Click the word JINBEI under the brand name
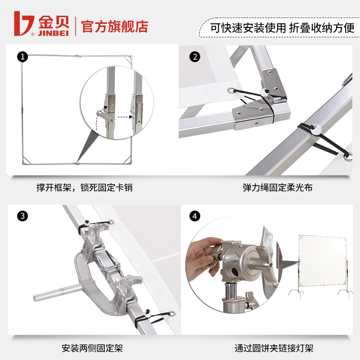(x=54, y=33)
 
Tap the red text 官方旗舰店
(x=115, y=27)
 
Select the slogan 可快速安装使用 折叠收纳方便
(x=282, y=28)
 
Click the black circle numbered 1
(x=22, y=57)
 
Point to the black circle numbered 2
(x=195, y=57)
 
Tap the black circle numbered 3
(x=22, y=216)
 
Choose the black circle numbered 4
(x=195, y=216)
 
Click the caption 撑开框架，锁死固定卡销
(x=85, y=187)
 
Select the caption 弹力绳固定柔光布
(x=278, y=187)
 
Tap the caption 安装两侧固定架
(x=92, y=348)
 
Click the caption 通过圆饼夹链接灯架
(x=274, y=348)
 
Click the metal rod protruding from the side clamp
(x=57, y=292)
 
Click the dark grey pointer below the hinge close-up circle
(x=87, y=147)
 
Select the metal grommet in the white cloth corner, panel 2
(x=231, y=90)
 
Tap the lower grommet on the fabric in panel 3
(x=172, y=314)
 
